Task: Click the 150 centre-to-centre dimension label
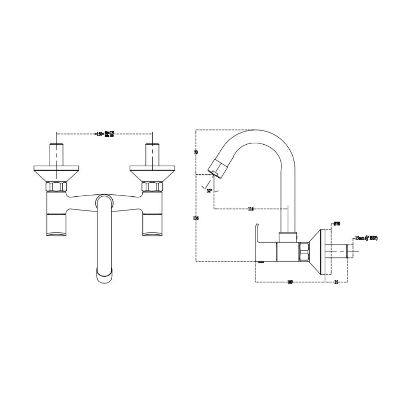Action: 100,134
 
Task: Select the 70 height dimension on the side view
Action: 196,152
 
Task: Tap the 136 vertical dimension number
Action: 196,218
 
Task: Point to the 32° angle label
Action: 209,191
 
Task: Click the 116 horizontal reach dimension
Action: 250,209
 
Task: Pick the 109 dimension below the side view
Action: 290,282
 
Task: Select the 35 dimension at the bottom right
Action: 336,282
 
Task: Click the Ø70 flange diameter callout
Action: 336,224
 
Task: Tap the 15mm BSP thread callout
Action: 366,238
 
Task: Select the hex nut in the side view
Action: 304,252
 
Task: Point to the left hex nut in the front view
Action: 56,187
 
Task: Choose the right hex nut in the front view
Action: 152,187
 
